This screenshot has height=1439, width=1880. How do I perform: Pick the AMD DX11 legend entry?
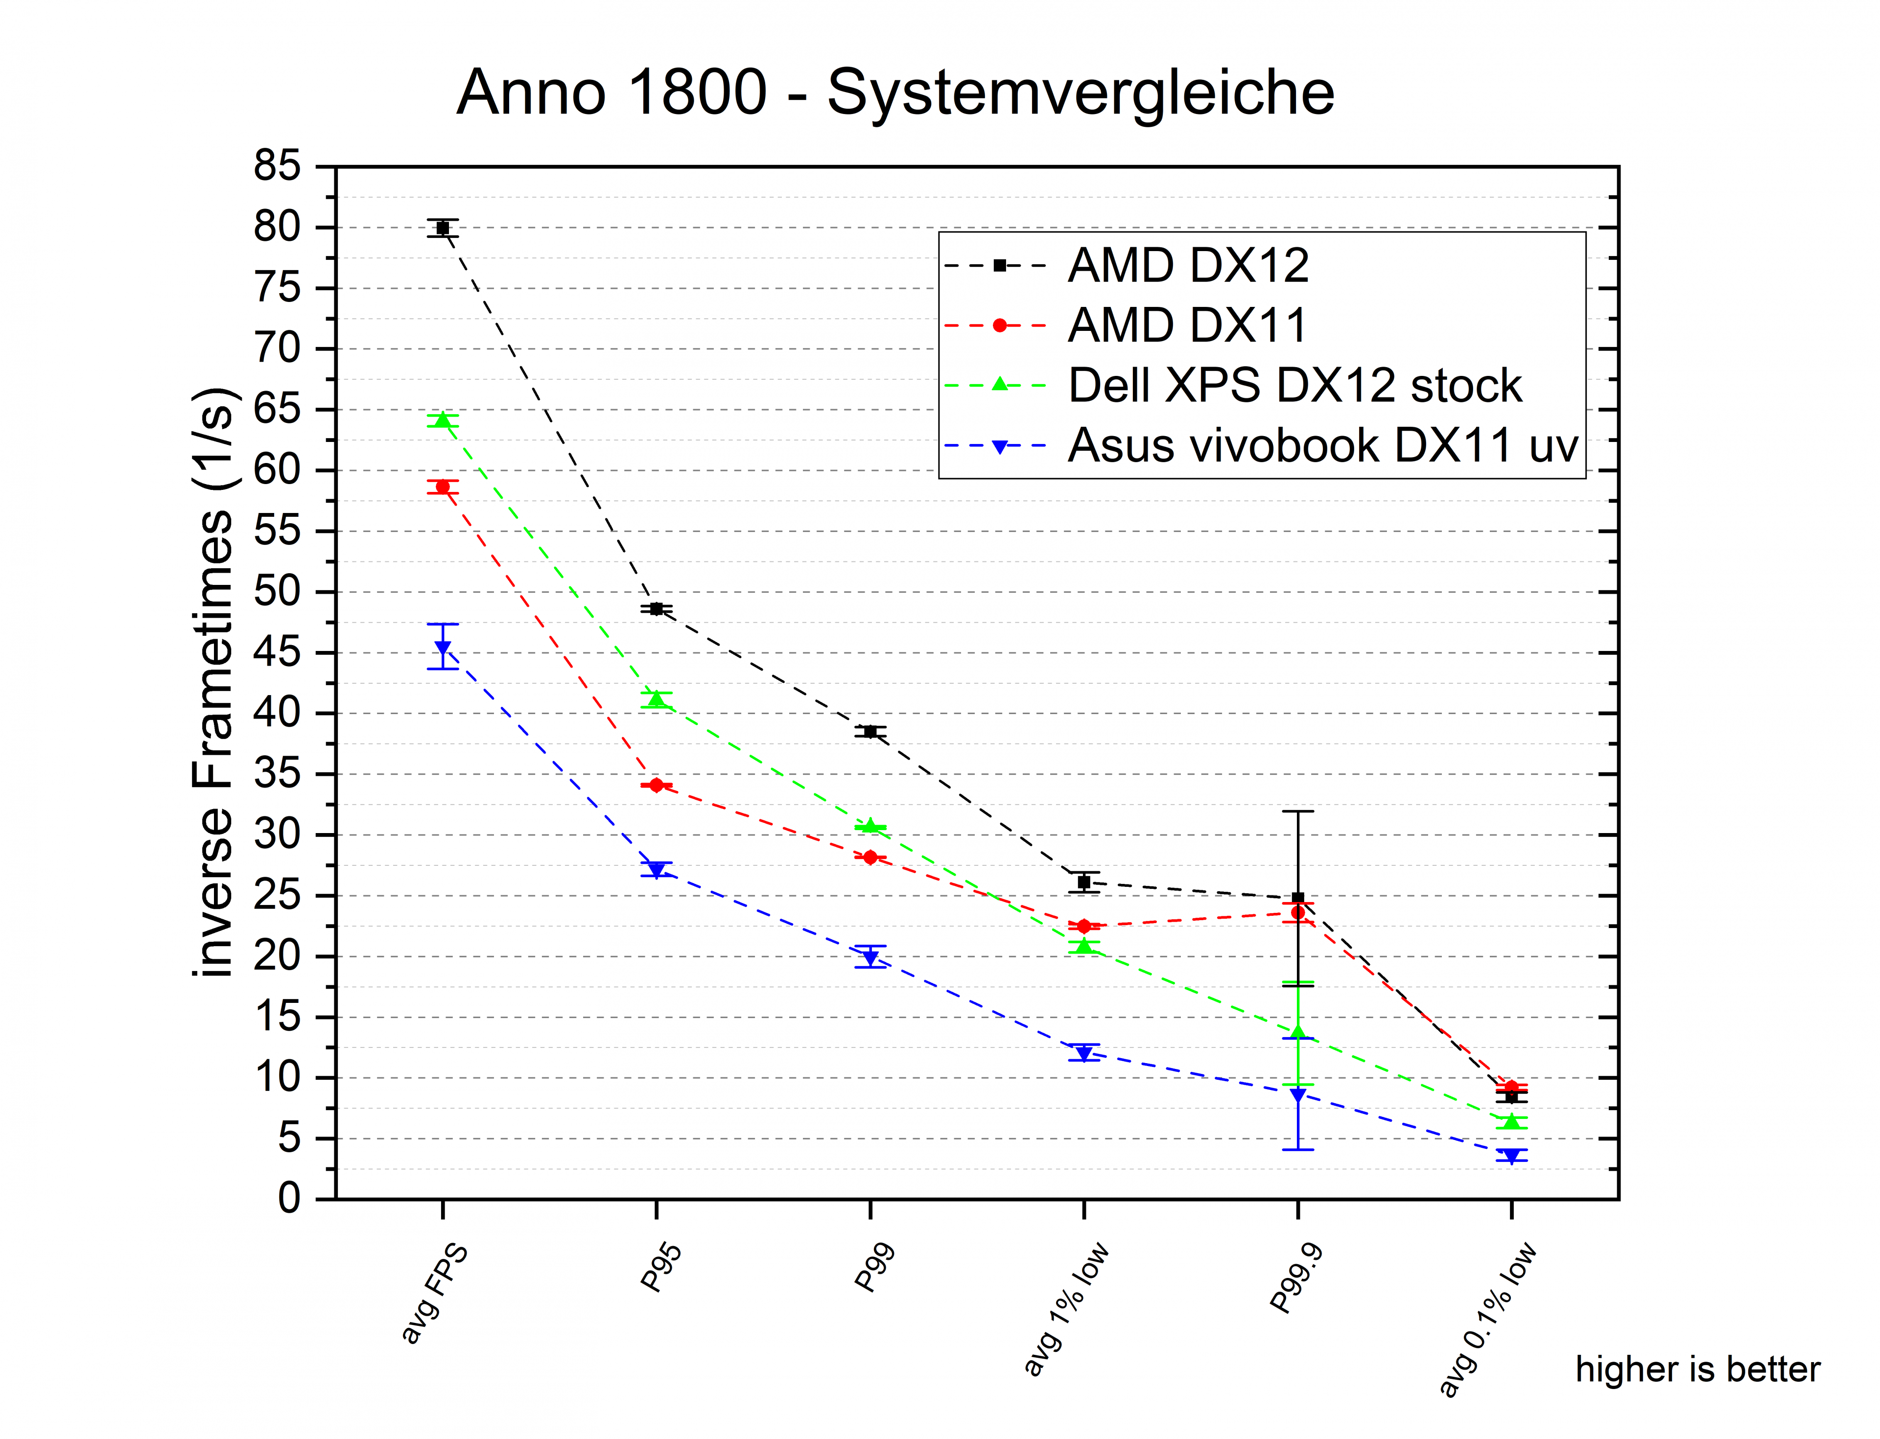(1187, 325)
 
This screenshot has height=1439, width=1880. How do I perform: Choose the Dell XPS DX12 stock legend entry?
(1294, 386)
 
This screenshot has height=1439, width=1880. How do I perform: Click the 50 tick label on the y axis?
(277, 592)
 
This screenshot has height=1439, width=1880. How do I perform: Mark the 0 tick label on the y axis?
(290, 1198)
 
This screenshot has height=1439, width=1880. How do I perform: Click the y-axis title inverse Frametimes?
(212, 681)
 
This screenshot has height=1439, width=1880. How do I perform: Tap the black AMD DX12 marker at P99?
(869, 731)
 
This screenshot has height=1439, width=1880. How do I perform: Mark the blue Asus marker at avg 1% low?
(1084, 1053)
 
